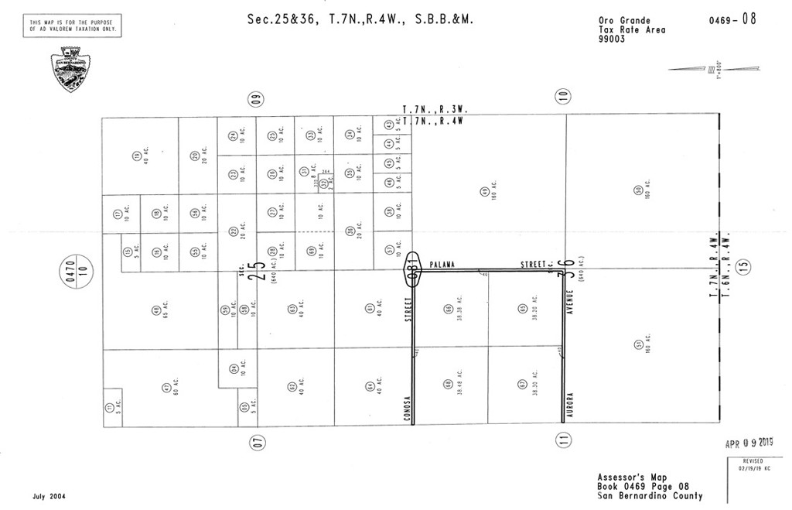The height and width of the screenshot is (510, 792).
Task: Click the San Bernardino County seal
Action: coord(71,69)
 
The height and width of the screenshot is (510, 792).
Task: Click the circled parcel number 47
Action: coord(166,388)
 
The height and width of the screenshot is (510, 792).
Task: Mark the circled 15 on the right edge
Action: coord(745,265)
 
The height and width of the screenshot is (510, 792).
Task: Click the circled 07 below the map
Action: coord(258,443)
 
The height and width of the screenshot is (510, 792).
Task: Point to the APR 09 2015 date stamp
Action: coord(749,443)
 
